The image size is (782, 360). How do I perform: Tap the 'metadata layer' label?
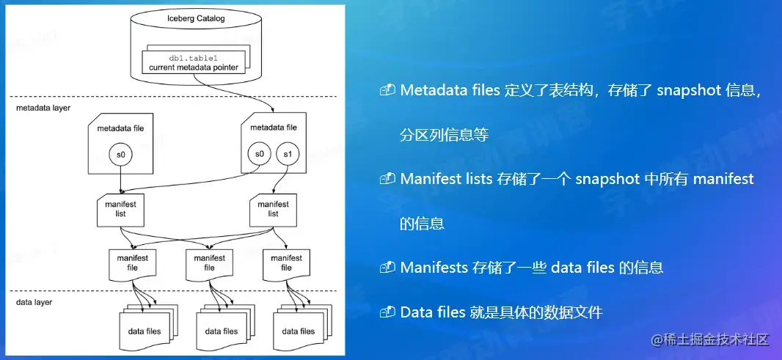coord(44,108)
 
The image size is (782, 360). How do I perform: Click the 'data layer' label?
coord(34,301)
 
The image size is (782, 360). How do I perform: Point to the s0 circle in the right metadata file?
coord(257,154)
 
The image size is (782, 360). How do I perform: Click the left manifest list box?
coord(120,210)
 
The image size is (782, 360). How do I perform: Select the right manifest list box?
coord(273,210)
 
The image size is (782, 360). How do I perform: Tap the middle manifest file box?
coord(209,263)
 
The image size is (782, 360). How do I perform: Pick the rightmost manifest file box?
coord(286,263)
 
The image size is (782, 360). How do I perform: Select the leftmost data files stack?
coord(144,330)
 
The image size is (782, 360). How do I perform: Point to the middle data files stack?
coord(221,330)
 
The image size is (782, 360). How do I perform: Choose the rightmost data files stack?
coord(297,330)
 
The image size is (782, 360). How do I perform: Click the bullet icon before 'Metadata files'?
coord(387,90)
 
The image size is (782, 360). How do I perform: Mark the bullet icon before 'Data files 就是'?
coord(387,312)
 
